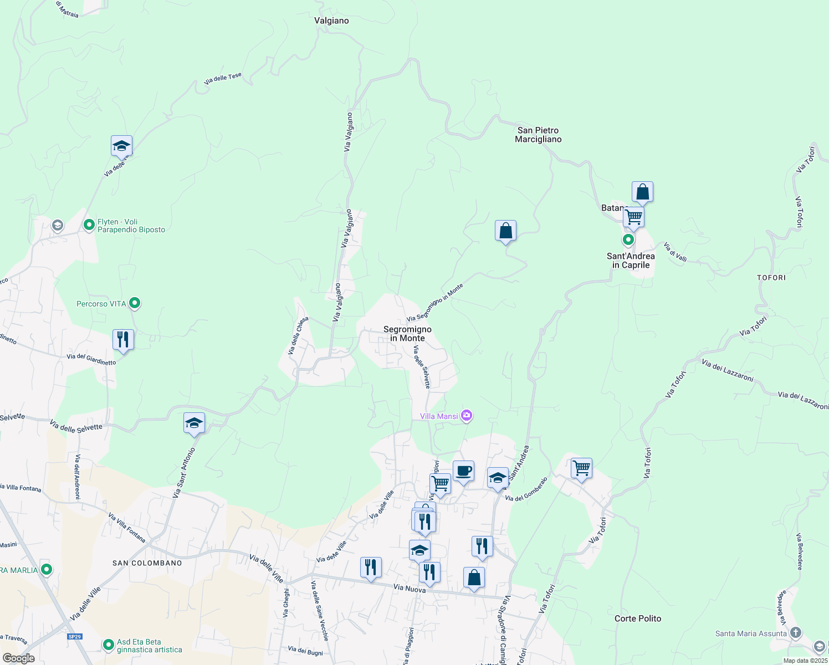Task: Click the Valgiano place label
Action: point(331,21)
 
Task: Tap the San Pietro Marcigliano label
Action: point(538,135)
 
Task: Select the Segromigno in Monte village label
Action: point(407,334)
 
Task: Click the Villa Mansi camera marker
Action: point(467,416)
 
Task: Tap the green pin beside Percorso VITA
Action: point(135,303)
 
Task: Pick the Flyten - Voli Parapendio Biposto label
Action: point(131,226)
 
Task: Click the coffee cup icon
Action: point(463,472)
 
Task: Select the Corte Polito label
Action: point(638,618)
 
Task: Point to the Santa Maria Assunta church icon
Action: point(796,632)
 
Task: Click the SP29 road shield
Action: point(75,637)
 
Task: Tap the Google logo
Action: point(19,658)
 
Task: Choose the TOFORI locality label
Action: point(771,278)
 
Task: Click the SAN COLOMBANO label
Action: point(147,563)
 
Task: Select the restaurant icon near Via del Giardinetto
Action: point(123,339)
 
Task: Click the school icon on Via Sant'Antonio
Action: point(194,423)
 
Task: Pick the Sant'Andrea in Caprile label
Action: point(631,260)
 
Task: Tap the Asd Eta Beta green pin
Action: point(109,645)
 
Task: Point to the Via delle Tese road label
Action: point(223,79)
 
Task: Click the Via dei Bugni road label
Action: point(305,651)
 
